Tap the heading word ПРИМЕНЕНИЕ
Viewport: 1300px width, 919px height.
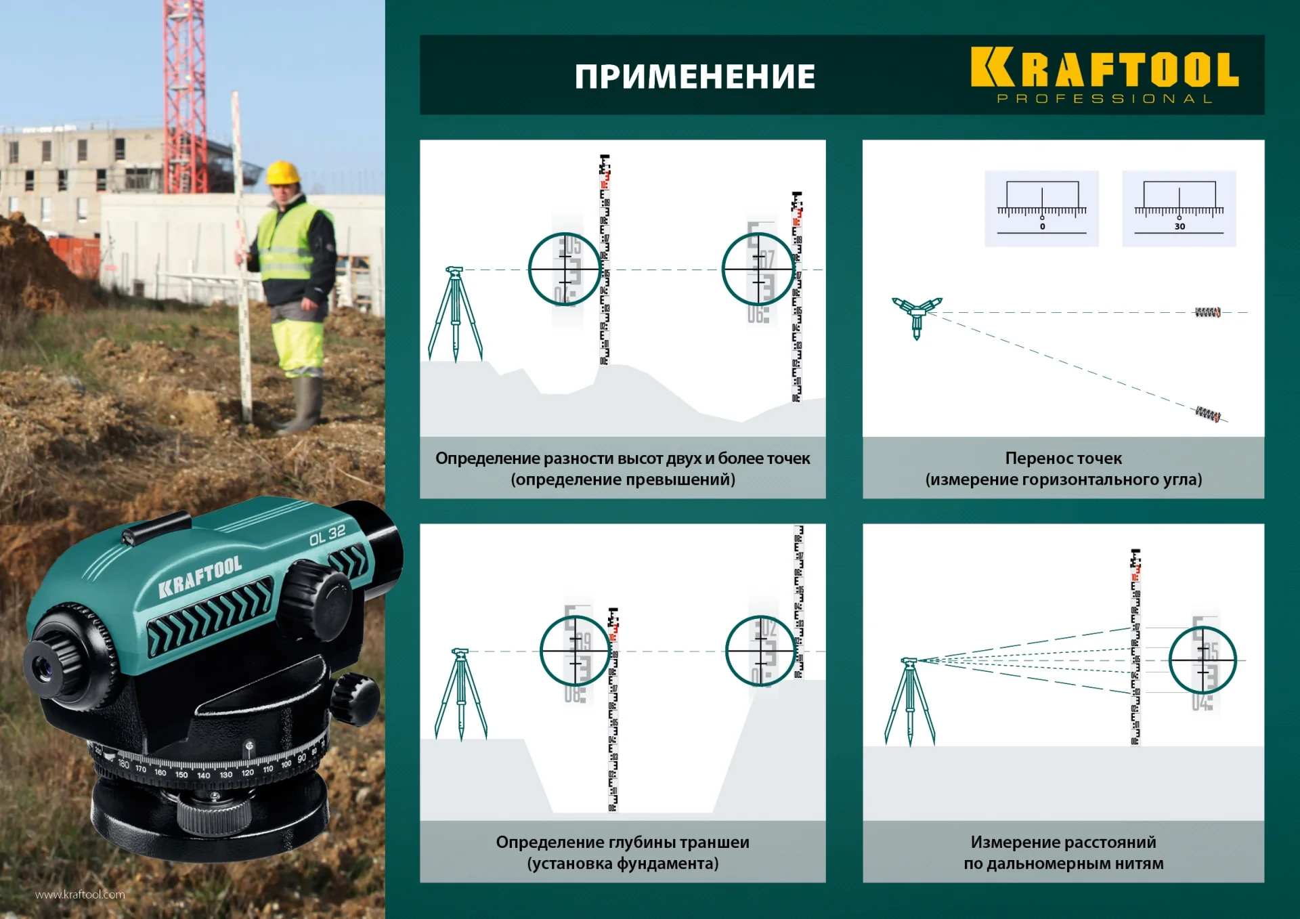point(695,77)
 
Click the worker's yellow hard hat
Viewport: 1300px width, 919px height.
point(282,173)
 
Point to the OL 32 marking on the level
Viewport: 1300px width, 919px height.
point(327,535)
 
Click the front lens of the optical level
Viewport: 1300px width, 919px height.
point(43,668)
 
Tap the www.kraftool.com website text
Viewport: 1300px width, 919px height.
point(80,895)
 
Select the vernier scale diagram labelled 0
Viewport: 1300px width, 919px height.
point(1041,208)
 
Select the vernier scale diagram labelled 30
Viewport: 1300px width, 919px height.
point(1179,208)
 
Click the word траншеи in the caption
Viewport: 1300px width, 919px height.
point(714,842)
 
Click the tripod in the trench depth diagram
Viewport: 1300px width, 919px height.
point(461,694)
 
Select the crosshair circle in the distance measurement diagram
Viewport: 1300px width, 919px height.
point(1202,660)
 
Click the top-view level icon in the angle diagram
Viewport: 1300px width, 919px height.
point(917,314)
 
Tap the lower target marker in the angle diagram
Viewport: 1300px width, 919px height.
point(1207,413)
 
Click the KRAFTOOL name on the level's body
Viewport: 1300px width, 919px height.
point(200,576)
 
